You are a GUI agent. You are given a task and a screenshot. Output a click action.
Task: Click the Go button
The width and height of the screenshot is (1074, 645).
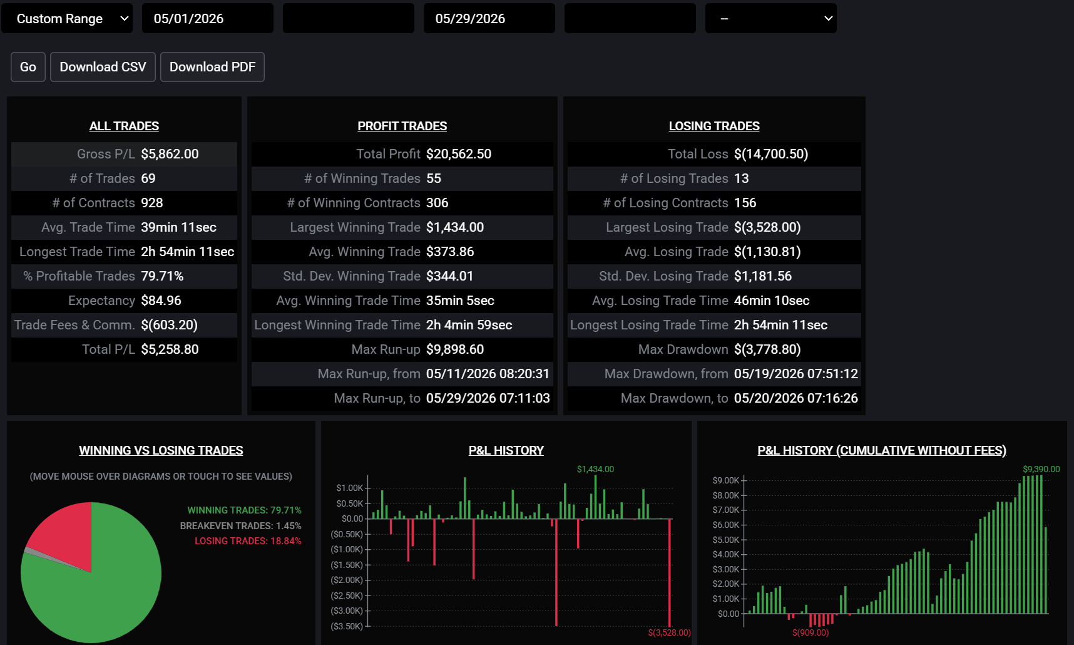tap(28, 67)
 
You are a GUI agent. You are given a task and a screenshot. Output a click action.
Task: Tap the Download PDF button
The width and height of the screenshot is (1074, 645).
tap(212, 67)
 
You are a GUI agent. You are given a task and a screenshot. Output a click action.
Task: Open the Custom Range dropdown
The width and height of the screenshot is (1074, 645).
tap(67, 19)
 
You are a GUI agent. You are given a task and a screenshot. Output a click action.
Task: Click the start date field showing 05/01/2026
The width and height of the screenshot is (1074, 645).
tap(208, 19)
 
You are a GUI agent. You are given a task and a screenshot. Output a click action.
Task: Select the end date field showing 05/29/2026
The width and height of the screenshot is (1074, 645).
tap(489, 19)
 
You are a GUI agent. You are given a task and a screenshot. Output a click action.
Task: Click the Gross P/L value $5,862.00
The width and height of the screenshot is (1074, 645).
tap(170, 154)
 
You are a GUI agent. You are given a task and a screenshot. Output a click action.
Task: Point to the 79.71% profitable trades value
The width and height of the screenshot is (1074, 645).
tap(162, 276)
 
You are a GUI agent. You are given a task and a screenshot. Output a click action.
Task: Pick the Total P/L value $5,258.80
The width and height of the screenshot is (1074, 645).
tap(170, 349)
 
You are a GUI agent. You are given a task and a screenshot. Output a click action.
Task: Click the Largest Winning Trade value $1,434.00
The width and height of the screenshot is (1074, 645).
tap(455, 227)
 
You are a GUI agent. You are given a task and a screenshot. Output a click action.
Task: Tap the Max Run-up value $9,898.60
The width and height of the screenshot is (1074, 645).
tap(455, 349)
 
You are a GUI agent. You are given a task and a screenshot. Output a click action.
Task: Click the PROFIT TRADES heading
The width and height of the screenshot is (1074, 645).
tap(402, 126)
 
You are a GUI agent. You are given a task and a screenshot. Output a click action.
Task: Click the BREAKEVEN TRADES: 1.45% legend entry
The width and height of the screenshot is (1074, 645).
tap(240, 526)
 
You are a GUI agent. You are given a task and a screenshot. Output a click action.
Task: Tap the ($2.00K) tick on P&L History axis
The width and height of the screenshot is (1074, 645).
tap(347, 580)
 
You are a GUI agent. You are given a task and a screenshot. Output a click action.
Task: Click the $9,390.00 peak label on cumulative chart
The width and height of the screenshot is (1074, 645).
tap(1041, 469)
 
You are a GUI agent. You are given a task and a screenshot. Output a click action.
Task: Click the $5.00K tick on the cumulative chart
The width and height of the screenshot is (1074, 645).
tap(726, 540)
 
